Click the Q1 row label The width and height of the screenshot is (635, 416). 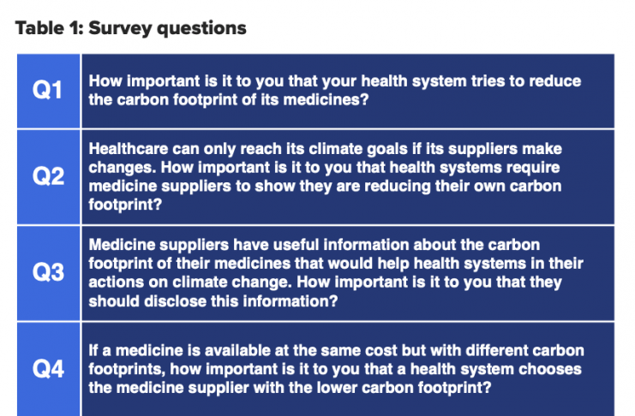47,89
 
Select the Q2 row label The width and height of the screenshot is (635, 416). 48,176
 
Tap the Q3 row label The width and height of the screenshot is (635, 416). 48,272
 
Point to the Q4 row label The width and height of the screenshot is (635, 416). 48,369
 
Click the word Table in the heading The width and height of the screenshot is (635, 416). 39,28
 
